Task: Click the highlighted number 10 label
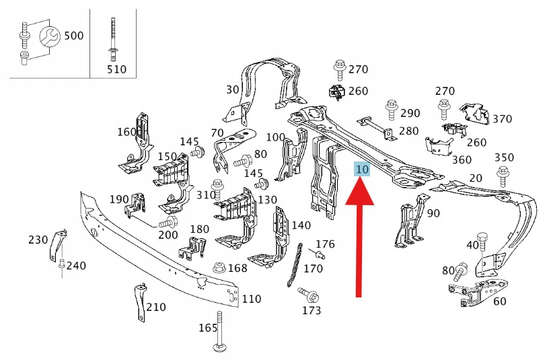tap(362, 169)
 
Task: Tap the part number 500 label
tap(73, 35)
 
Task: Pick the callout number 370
tap(502, 119)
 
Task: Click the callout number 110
tap(252, 298)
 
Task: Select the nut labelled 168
tap(218, 268)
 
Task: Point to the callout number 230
tap(38, 240)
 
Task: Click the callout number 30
tap(232, 89)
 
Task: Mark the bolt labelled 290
tap(390, 108)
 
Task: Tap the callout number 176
tap(325, 243)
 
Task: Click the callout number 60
tap(499, 301)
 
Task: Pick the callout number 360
tap(462, 159)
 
